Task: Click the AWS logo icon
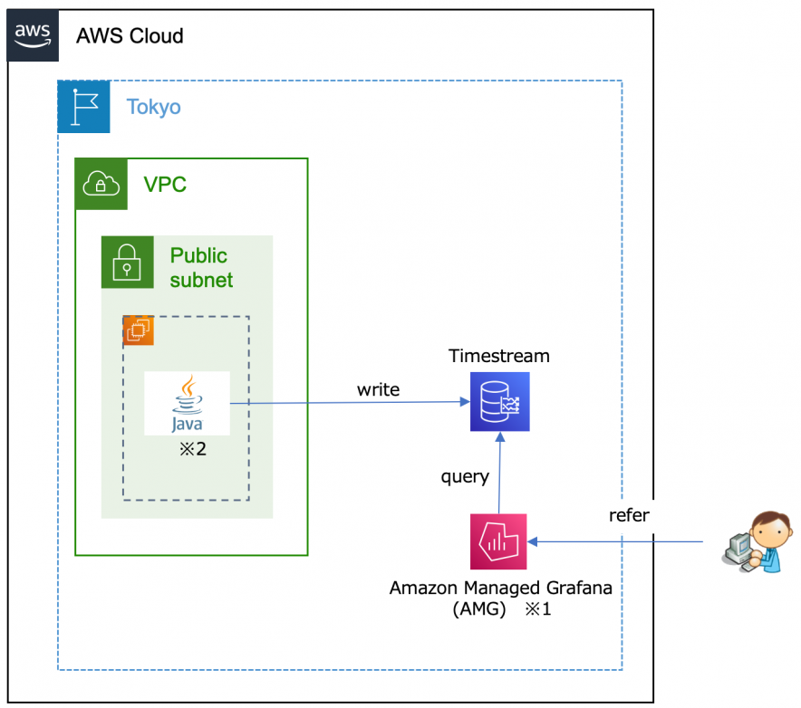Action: (34, 35)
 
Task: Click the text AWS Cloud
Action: (130, 36)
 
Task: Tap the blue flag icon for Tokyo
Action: (83, 107)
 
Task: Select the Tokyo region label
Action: (153, 107)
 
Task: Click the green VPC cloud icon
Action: (101, 185)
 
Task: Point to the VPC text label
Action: (165, 185)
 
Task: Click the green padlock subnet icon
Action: (127, 263)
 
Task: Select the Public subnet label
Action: (201, 268)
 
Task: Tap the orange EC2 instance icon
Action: (139, 331)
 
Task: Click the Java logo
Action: (187, 404)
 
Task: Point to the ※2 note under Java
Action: (192, 449)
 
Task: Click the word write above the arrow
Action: (378, 389)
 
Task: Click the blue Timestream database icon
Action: (499, 402)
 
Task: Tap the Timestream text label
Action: (499, 356)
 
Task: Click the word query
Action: (465, 476)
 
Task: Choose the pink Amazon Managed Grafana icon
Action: (499, 542)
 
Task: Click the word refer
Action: (629, 515)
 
